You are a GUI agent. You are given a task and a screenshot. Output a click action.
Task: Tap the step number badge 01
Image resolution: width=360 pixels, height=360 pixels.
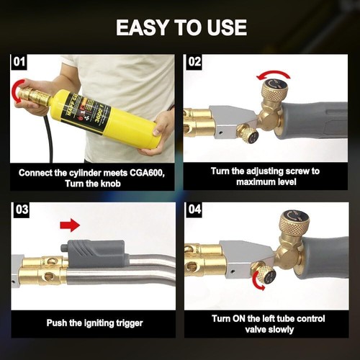click(x=21, y=62)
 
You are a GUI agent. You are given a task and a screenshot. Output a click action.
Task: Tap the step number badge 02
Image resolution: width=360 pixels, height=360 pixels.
click(x=194, y=62)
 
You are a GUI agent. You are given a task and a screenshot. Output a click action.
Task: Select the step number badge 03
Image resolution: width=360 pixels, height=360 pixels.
click(x=21, y=210)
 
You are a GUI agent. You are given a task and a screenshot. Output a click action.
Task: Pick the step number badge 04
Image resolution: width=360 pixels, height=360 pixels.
click(x=194, y=210)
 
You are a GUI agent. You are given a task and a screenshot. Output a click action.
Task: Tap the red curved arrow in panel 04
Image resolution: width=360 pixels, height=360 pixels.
click(x=257, y=284)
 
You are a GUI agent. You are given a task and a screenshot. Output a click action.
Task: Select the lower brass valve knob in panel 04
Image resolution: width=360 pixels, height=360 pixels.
click(x=266, y=274)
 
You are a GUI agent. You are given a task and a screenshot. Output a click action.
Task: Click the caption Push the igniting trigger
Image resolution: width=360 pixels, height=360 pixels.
click(x=93, y=323)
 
